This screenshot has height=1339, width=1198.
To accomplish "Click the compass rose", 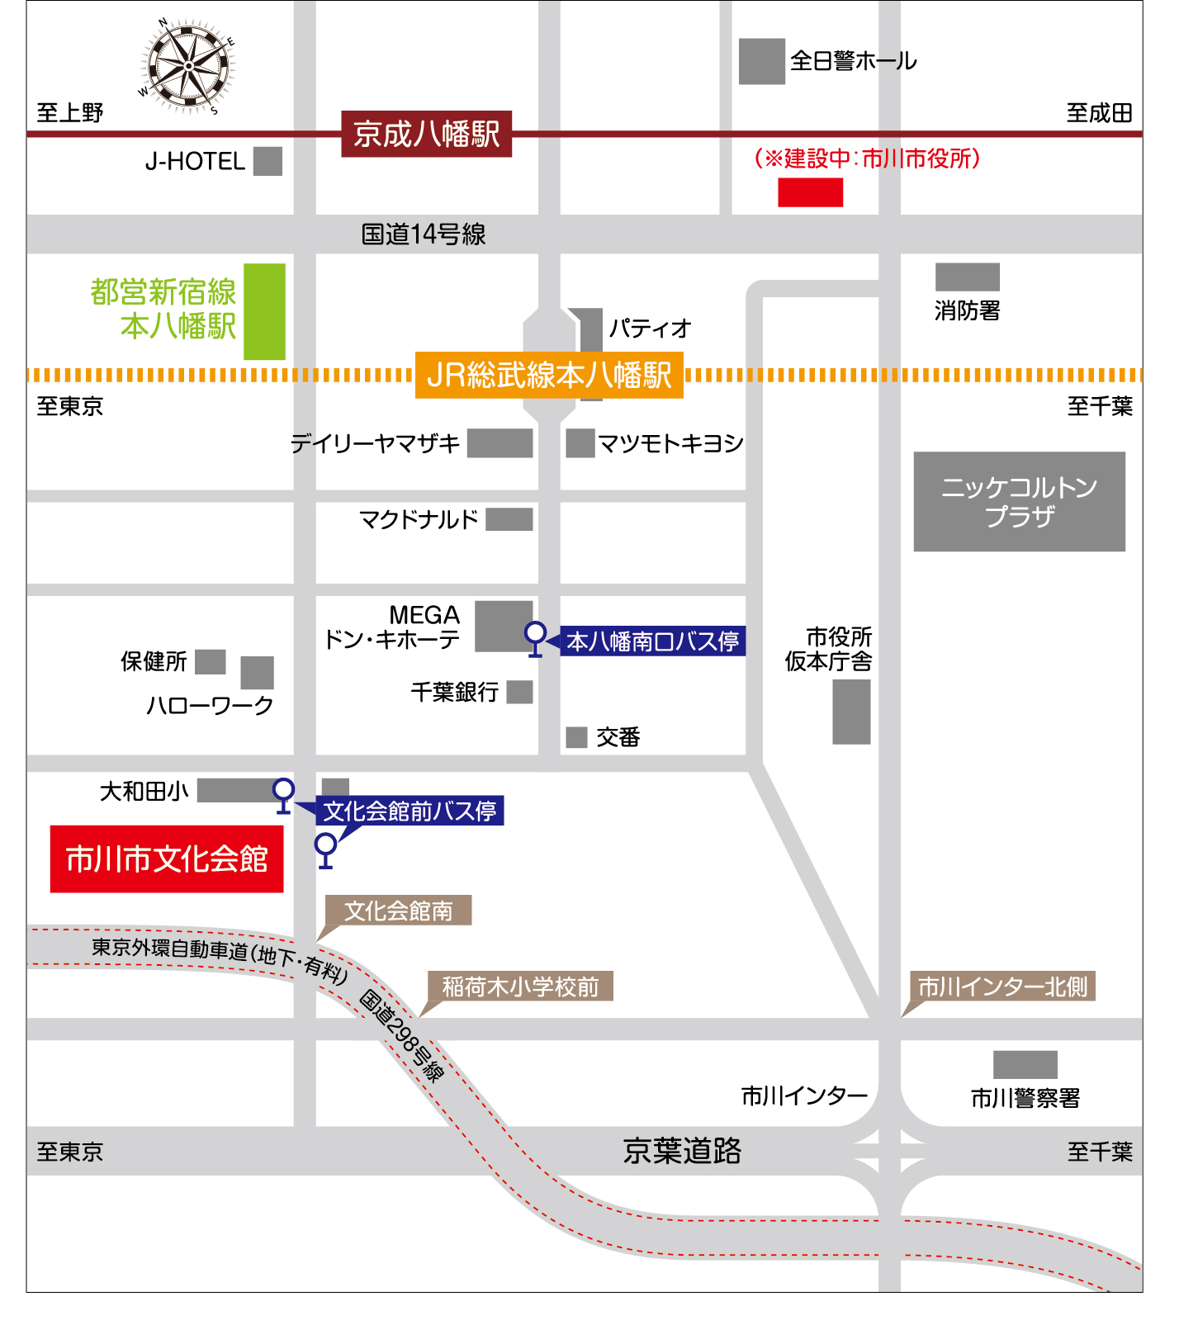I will pos(187,66).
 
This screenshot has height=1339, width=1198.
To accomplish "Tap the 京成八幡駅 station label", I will pos(426,134).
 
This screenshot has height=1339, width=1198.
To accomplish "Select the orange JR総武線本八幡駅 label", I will pos(549,376).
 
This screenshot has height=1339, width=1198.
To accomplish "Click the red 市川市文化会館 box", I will pos(167,859).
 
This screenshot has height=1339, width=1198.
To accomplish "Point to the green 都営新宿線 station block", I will pos(264,311).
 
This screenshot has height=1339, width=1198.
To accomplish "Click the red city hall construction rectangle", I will pos(810,192).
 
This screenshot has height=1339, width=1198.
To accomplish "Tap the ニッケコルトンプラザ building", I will pos(1019,501).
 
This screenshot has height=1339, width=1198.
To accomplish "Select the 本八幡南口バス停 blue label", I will pos(652,641).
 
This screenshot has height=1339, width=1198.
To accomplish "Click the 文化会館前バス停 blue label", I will pos(410,811).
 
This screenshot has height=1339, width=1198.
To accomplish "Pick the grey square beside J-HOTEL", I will pos(268,161).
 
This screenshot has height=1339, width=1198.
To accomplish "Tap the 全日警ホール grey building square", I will pos(761,61).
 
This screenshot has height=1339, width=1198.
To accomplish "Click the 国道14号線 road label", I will pos(424,234).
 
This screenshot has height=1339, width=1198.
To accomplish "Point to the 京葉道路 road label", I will pos(682,1151).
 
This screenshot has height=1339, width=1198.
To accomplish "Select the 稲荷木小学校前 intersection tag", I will pos(520,987).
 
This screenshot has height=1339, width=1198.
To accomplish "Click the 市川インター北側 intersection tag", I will pos(1002,987).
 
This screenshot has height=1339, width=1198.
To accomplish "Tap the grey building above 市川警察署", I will pos(1025,1065).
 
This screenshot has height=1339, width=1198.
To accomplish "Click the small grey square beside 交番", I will pos(576,737).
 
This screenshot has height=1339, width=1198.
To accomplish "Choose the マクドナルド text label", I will pos(419,520).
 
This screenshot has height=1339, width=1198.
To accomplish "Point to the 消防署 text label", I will pos(967,311).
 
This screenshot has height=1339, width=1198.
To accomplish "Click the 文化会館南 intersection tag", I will pos(398,911).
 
